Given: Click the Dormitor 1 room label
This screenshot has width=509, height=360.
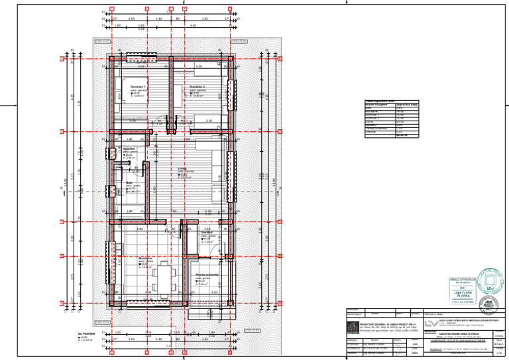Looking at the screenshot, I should pyautogui.click(x=139, y=87).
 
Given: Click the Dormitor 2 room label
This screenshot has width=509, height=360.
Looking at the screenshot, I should pyautogui.click(x=198, y=87).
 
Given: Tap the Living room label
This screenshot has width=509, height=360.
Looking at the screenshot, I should pyautogui.click(x=182, y=169).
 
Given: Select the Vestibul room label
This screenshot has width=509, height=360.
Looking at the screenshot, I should pyautogui.click(x=207, y=233).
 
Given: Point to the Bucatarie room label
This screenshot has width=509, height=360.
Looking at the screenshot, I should pyautogui.click(x=146, y=259).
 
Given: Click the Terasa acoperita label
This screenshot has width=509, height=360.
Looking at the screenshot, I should pyautogui.click(x=207, y=274).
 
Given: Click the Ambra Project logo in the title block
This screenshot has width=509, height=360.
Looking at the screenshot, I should pyautogui.click(x=351, y=326).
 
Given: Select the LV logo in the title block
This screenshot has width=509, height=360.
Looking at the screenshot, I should pyautogui.click(x=432, y=322).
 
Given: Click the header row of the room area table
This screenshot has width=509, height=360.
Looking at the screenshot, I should pyautogui.click(x=391, y=105).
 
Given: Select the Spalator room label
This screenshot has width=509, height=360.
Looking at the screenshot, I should pyautogui.click(x=129, y=149).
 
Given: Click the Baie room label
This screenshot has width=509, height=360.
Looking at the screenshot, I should pyautogui.click(x=129, y=182).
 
